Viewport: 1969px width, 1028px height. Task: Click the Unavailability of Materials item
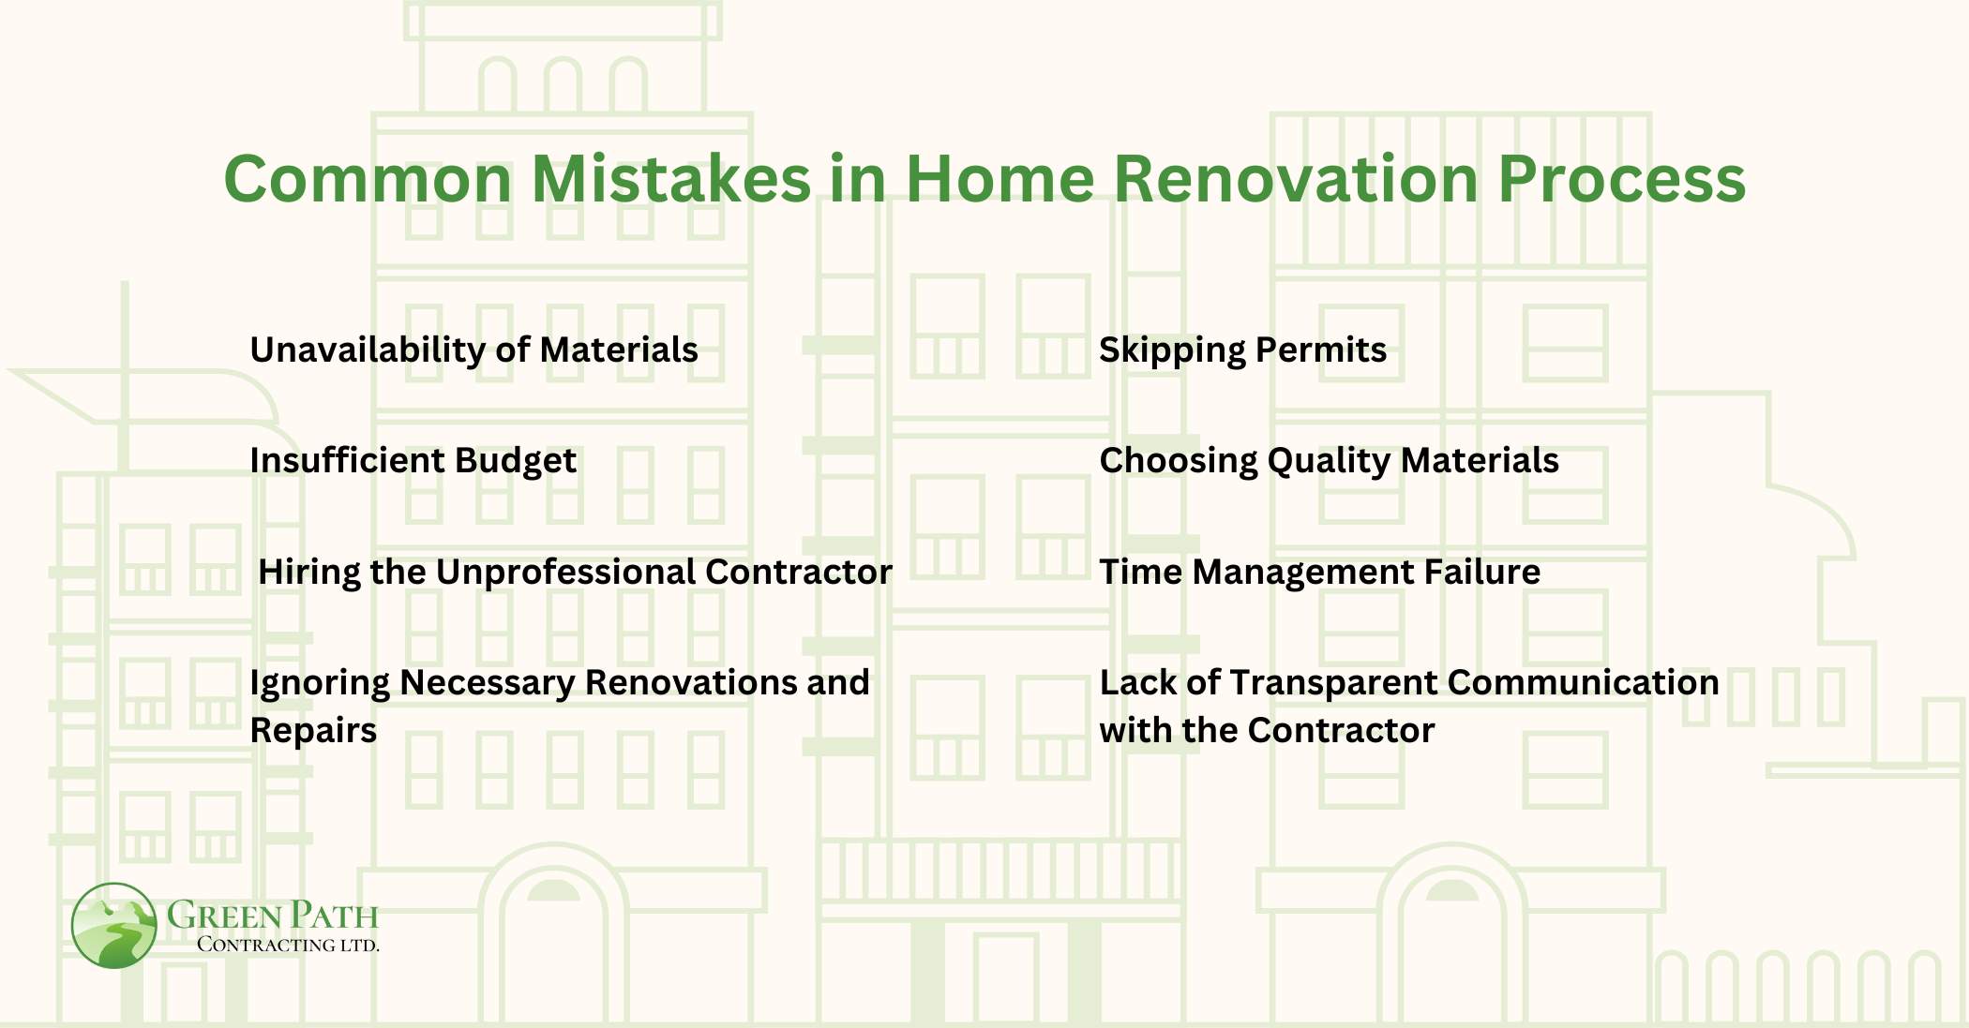pyautogui.click(x=473, y=350)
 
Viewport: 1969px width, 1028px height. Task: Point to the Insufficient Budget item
pyautogui.click(x=413, y=460)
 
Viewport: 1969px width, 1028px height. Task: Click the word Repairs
pyautogui.click(x=313, y=730)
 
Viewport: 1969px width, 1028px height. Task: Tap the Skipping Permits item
pyautogui.click(x=1242, y=350)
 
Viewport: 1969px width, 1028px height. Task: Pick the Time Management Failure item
pyautogui.click(x=1319, y=572)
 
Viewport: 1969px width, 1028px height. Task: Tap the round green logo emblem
pyautogui.click(x=113, y=925)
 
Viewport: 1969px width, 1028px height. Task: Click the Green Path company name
pyautogui.click(x=272, y=915)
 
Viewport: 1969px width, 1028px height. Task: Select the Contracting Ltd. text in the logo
pyautogui.click(x=287, y=945)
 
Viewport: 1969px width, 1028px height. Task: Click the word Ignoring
pyautogui.click(x=319, y=682)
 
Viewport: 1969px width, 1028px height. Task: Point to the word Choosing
pyautogui.click(x=1178, y=460)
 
